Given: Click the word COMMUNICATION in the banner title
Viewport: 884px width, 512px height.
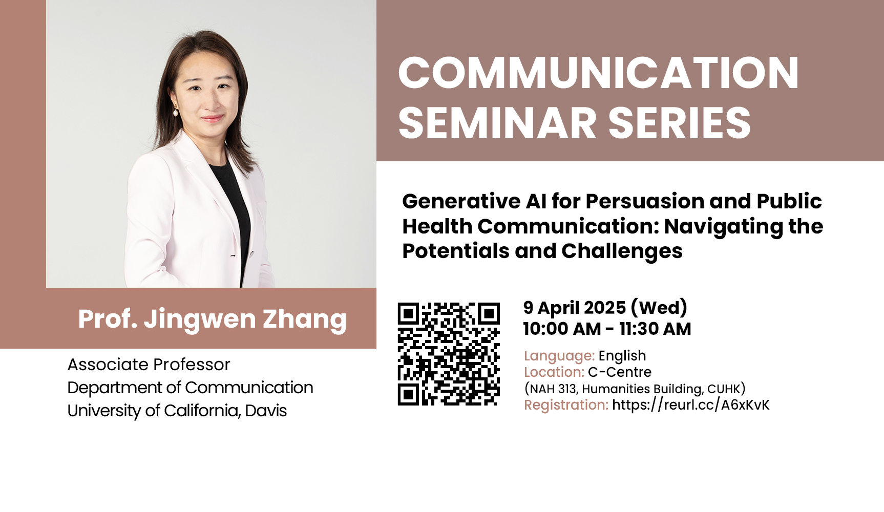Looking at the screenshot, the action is click(598, 73).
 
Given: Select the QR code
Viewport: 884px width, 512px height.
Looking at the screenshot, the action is click(449, 354).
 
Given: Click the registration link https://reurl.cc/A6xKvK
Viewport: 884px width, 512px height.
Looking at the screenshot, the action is click(691, 404).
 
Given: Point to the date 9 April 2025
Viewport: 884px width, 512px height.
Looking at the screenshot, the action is click(575, 307).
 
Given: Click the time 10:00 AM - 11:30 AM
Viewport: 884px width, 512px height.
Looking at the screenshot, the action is click(607, 329).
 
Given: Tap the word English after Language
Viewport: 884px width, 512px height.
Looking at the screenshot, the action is click(622, 355).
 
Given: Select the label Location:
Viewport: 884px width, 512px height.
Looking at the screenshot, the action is click(554, 372).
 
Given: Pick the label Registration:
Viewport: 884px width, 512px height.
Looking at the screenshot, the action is click(566, 404).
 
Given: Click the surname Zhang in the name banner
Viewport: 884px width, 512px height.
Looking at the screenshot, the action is click(305, 319).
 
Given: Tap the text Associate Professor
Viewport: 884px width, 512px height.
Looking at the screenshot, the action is click(149, 365).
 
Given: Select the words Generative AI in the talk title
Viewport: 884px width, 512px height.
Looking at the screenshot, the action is click(474, 201).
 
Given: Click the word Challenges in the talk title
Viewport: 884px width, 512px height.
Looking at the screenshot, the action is click(622, 251).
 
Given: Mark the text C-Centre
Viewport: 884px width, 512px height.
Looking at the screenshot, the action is click(620, 372).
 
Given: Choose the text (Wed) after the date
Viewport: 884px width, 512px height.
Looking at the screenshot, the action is click(659, 307).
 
